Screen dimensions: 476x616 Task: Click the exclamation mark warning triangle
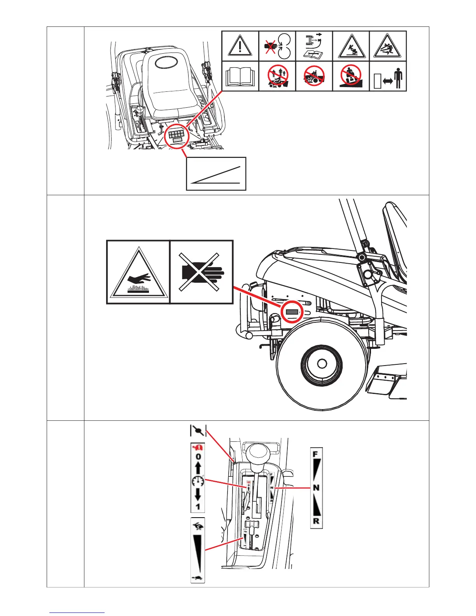[240, 45]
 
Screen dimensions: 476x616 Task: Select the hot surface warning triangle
[138, 273]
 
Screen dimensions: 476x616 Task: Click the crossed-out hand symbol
[201, 272]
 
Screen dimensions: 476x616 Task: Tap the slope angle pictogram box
[216, 174]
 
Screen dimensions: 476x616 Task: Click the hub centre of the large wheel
[322, 364]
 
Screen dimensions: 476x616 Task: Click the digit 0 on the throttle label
[198, 456]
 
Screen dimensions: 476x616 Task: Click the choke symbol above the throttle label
[198, 431]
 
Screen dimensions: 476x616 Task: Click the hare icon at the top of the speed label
[197, 527]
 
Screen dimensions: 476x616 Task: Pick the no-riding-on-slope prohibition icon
[351, 76]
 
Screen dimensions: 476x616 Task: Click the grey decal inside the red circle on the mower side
[292, 312]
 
